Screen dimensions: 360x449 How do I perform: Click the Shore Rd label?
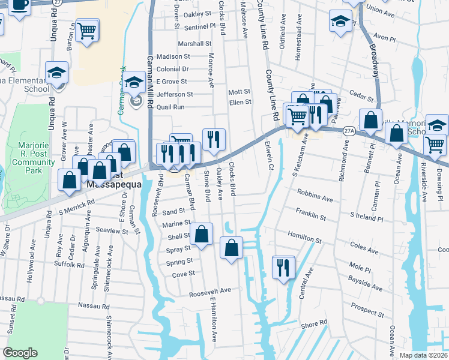click(314, 324)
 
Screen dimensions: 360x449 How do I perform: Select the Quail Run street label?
click(170, 107)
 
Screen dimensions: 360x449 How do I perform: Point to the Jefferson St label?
click(175, 94)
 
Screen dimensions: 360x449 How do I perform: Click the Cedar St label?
click(361, 96)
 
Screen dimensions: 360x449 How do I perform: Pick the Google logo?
click(20, 353)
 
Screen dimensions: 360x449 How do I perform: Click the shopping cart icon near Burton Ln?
click(88, 31)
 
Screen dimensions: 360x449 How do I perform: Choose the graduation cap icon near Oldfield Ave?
click(340, 22)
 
